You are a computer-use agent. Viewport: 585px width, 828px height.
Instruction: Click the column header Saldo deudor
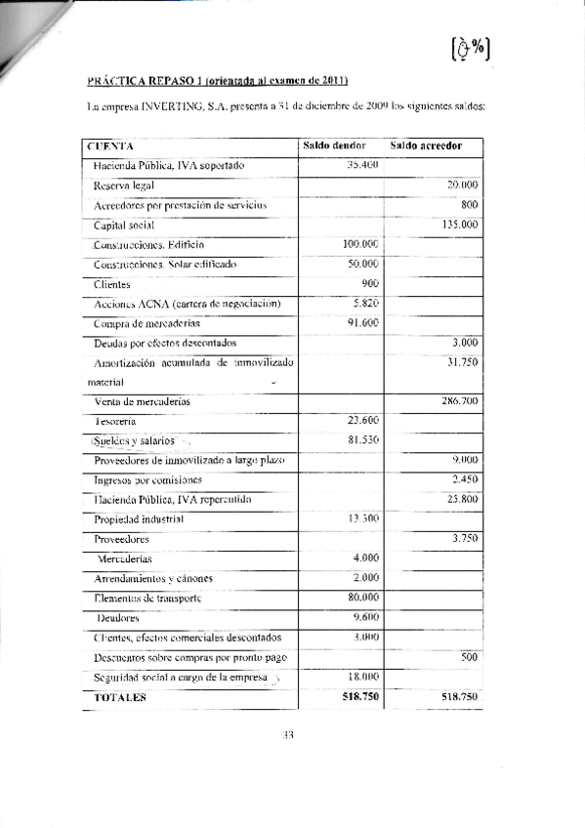tap(334, 145)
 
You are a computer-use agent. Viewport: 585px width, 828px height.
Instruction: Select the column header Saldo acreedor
tap(426, 145)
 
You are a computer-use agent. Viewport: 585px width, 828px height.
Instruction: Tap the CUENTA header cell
tap(110, 146)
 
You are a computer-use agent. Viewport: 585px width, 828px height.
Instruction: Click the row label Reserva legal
tap(124, 186)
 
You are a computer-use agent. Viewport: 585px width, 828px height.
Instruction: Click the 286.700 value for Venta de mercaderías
tap(458, 401)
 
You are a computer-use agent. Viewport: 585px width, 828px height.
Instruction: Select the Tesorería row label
tap(115, 421)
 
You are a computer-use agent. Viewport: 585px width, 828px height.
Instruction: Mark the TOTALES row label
tap(119, 697)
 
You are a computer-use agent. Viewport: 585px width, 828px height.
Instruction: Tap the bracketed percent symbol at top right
tap(471, 49)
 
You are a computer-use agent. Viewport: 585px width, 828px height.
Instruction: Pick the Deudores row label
tap(117, 617)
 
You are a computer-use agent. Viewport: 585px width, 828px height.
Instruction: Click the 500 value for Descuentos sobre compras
tap(468, 657)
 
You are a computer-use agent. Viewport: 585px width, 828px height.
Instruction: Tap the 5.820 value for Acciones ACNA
tap(364, 303)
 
